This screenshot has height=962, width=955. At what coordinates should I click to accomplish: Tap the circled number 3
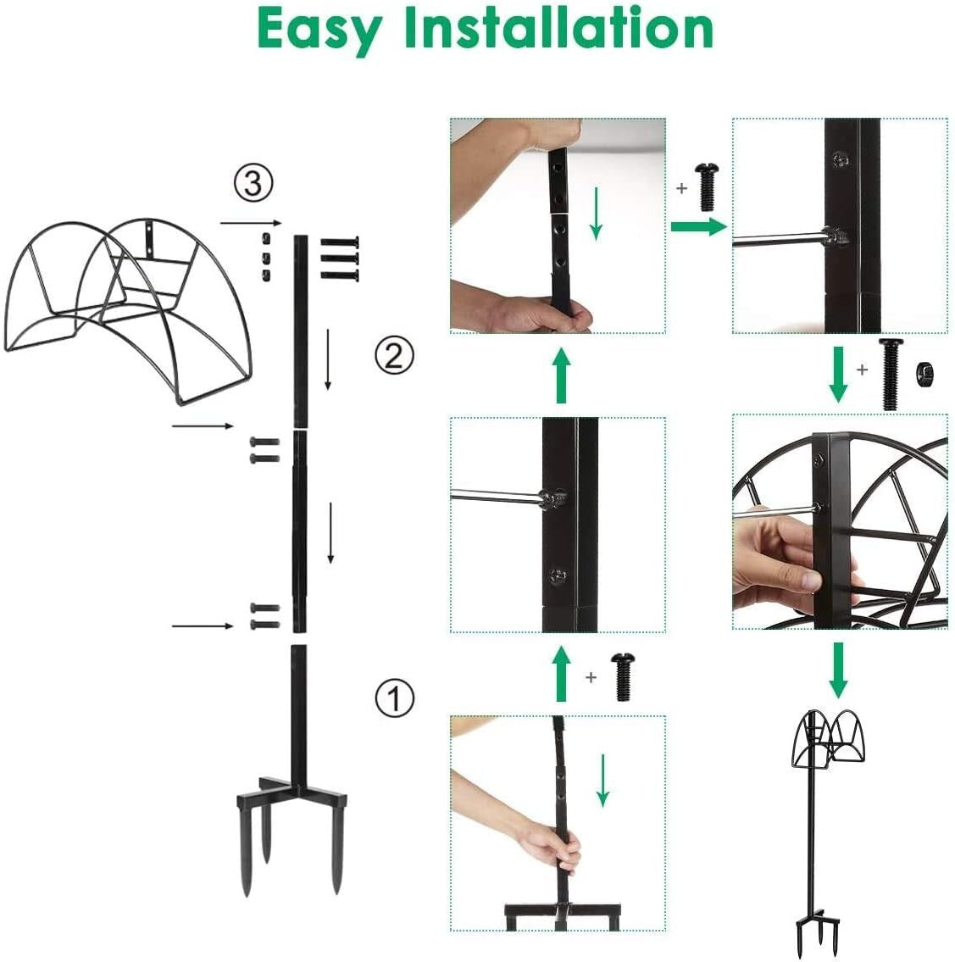[x=253, y=183]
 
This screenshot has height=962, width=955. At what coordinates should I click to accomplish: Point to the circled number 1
[x=394, y=698]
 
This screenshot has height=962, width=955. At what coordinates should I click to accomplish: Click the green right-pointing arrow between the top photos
[x=698, y=226]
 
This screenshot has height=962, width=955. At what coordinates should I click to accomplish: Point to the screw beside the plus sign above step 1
[x=623, y=676]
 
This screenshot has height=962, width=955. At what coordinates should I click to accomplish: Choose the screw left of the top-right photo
[x=707, y=186]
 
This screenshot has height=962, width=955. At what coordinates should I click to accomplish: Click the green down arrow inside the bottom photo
[x=602, y=781]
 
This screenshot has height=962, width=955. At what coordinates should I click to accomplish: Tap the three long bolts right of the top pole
[x=340, y=259]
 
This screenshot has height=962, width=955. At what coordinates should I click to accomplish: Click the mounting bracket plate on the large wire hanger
[x=151, y=237]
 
